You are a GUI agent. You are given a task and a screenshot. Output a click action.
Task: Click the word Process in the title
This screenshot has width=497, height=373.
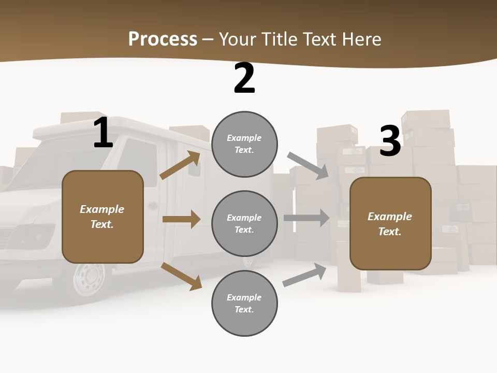point(163,39)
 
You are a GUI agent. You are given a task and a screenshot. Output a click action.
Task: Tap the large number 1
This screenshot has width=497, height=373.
point(103,133)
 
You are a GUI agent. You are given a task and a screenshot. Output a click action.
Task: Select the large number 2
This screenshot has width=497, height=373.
point(244,79)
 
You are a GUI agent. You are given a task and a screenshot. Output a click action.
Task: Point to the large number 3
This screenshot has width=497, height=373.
point(390,141)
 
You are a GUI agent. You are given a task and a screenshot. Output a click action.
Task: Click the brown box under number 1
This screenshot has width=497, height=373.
point(103,217)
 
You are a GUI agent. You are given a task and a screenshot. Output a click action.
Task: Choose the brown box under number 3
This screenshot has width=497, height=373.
point(390,223)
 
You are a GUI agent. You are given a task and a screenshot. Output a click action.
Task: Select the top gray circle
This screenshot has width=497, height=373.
point(244,144)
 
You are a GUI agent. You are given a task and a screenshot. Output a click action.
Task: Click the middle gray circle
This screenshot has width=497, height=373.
point(244,223)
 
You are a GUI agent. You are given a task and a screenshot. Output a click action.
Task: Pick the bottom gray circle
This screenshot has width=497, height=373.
point(244,303)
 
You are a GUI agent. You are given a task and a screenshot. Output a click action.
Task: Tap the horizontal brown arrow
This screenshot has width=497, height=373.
point(181,219)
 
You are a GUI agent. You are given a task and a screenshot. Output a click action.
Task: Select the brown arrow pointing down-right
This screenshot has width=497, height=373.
point(181,276)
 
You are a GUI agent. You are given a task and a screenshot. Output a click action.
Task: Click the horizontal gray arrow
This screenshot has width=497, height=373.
point(306,218)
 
